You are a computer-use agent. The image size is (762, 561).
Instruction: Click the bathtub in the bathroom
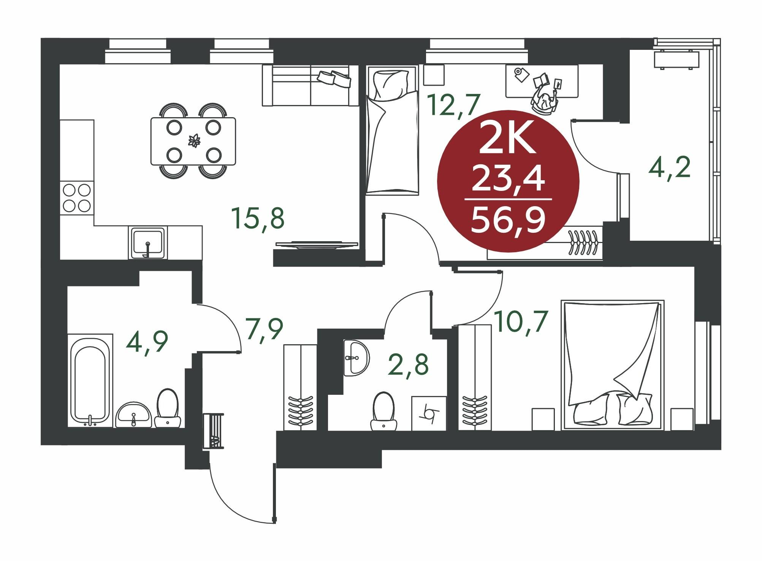click(x=90, y=381)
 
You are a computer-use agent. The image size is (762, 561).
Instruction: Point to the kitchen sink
click(x=148, y=243)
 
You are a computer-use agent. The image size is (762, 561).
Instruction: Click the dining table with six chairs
click(x=193, y=141)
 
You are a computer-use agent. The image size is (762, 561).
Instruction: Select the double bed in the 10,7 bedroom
click(x=613, y=365)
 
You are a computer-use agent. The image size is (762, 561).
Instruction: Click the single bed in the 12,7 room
click(x=392, y=130)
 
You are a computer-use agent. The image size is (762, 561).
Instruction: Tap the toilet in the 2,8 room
click(x=384, y=412)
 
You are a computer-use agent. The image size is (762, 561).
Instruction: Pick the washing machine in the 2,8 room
click(x=429, y=413)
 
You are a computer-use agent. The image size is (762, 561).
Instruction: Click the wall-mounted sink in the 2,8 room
click(x=356, y=358)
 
